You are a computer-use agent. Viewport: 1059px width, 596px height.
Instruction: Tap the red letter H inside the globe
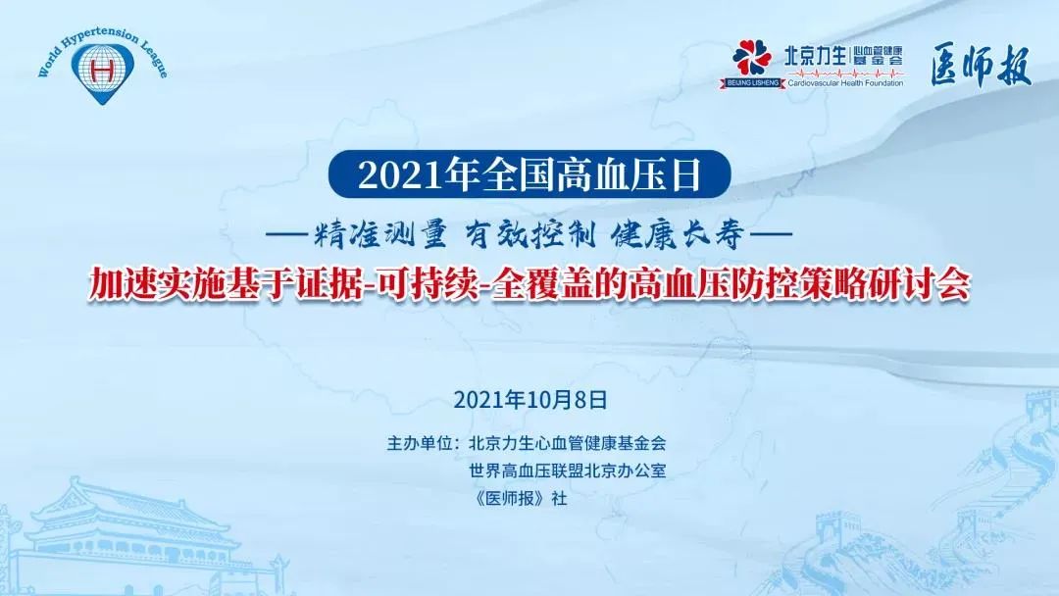click(x=102, y=69)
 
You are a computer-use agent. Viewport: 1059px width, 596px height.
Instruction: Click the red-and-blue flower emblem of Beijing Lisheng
click(x=752, y=58)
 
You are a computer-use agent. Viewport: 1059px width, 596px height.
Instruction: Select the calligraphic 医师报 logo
click(x=981, y=66)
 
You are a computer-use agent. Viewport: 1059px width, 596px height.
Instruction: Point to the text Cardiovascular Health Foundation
click(x=845, y=83)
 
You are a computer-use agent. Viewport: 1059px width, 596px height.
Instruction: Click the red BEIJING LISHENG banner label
click(x=752, y=83)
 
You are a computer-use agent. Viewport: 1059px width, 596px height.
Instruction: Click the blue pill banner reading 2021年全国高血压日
click(x=529, y=174)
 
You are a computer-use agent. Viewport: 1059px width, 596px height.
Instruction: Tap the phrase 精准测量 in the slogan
click(x=379, y=235)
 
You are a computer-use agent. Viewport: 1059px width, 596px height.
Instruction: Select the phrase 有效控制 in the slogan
click(x=530, y=235)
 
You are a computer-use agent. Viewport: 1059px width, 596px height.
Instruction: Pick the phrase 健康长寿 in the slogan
click(x=678, y=235)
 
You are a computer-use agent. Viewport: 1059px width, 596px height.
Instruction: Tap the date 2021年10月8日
click(x=530, y=400)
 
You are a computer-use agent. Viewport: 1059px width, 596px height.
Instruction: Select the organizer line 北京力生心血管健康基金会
click(x=568, y=443)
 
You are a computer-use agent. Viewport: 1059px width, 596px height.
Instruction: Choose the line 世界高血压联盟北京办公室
click(x=568, y=471)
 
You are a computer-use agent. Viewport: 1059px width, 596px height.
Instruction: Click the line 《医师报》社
click(x=521, y=498)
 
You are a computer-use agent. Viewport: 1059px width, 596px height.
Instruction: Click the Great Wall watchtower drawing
click(x=1042, y=410)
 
